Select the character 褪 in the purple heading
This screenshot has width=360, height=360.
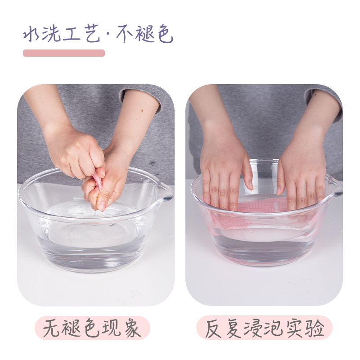(x=144, y=34)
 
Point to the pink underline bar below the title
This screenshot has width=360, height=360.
(x=64, y=53)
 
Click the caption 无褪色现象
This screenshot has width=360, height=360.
(x=92, y=328)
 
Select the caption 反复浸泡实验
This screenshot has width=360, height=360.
(x=265, y=328)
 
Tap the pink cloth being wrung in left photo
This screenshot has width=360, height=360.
(x=98, y=182)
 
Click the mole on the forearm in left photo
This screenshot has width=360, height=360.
(x=142, y=111)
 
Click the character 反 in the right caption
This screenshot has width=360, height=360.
(x=213, y=328)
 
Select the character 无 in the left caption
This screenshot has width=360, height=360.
(x=51, y=328)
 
